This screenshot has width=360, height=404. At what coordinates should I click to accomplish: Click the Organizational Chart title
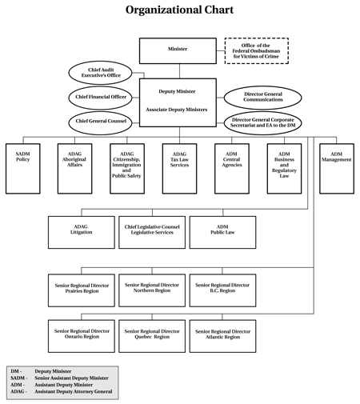click(x=179, y=10)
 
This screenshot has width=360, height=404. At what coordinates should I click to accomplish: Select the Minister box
click(x=178, y=51)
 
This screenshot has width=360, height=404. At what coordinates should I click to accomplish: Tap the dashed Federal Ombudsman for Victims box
click(x=257, y=51)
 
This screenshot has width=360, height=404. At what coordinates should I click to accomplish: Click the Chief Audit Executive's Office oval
click(x=100, y=73)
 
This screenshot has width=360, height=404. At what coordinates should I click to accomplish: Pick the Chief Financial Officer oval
click(x=100, y=98)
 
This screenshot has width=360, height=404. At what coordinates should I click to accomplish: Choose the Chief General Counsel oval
click(x=100, y=122)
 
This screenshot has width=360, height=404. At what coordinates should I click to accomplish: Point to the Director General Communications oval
click(x=263, y=98)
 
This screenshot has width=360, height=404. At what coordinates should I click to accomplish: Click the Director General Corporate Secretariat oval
click(x=263, y=123)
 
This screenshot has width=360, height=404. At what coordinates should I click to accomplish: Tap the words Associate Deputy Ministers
click(x=177, y=110)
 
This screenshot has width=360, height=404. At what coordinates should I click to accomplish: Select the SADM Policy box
click(x=23, y=169)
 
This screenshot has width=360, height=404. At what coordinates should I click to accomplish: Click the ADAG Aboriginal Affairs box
click(x=75, y=169)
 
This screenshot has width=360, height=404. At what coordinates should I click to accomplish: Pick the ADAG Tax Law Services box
click(x=180, y=169)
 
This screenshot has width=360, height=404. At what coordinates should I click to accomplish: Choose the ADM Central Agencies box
click(x=232, y=169)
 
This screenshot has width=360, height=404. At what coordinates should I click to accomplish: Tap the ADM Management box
click(x=337, y=169)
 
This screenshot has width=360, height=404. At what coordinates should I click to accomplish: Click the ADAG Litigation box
click(x=82, y=233)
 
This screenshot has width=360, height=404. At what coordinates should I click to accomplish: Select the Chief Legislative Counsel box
click(x=152, y=233)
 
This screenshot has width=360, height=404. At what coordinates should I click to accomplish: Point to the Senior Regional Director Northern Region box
click(x=152, y=290)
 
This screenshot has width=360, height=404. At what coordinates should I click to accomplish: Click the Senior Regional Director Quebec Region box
click(x=152, y=336)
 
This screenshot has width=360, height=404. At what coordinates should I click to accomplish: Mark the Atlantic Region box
click(x=223, y=336)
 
